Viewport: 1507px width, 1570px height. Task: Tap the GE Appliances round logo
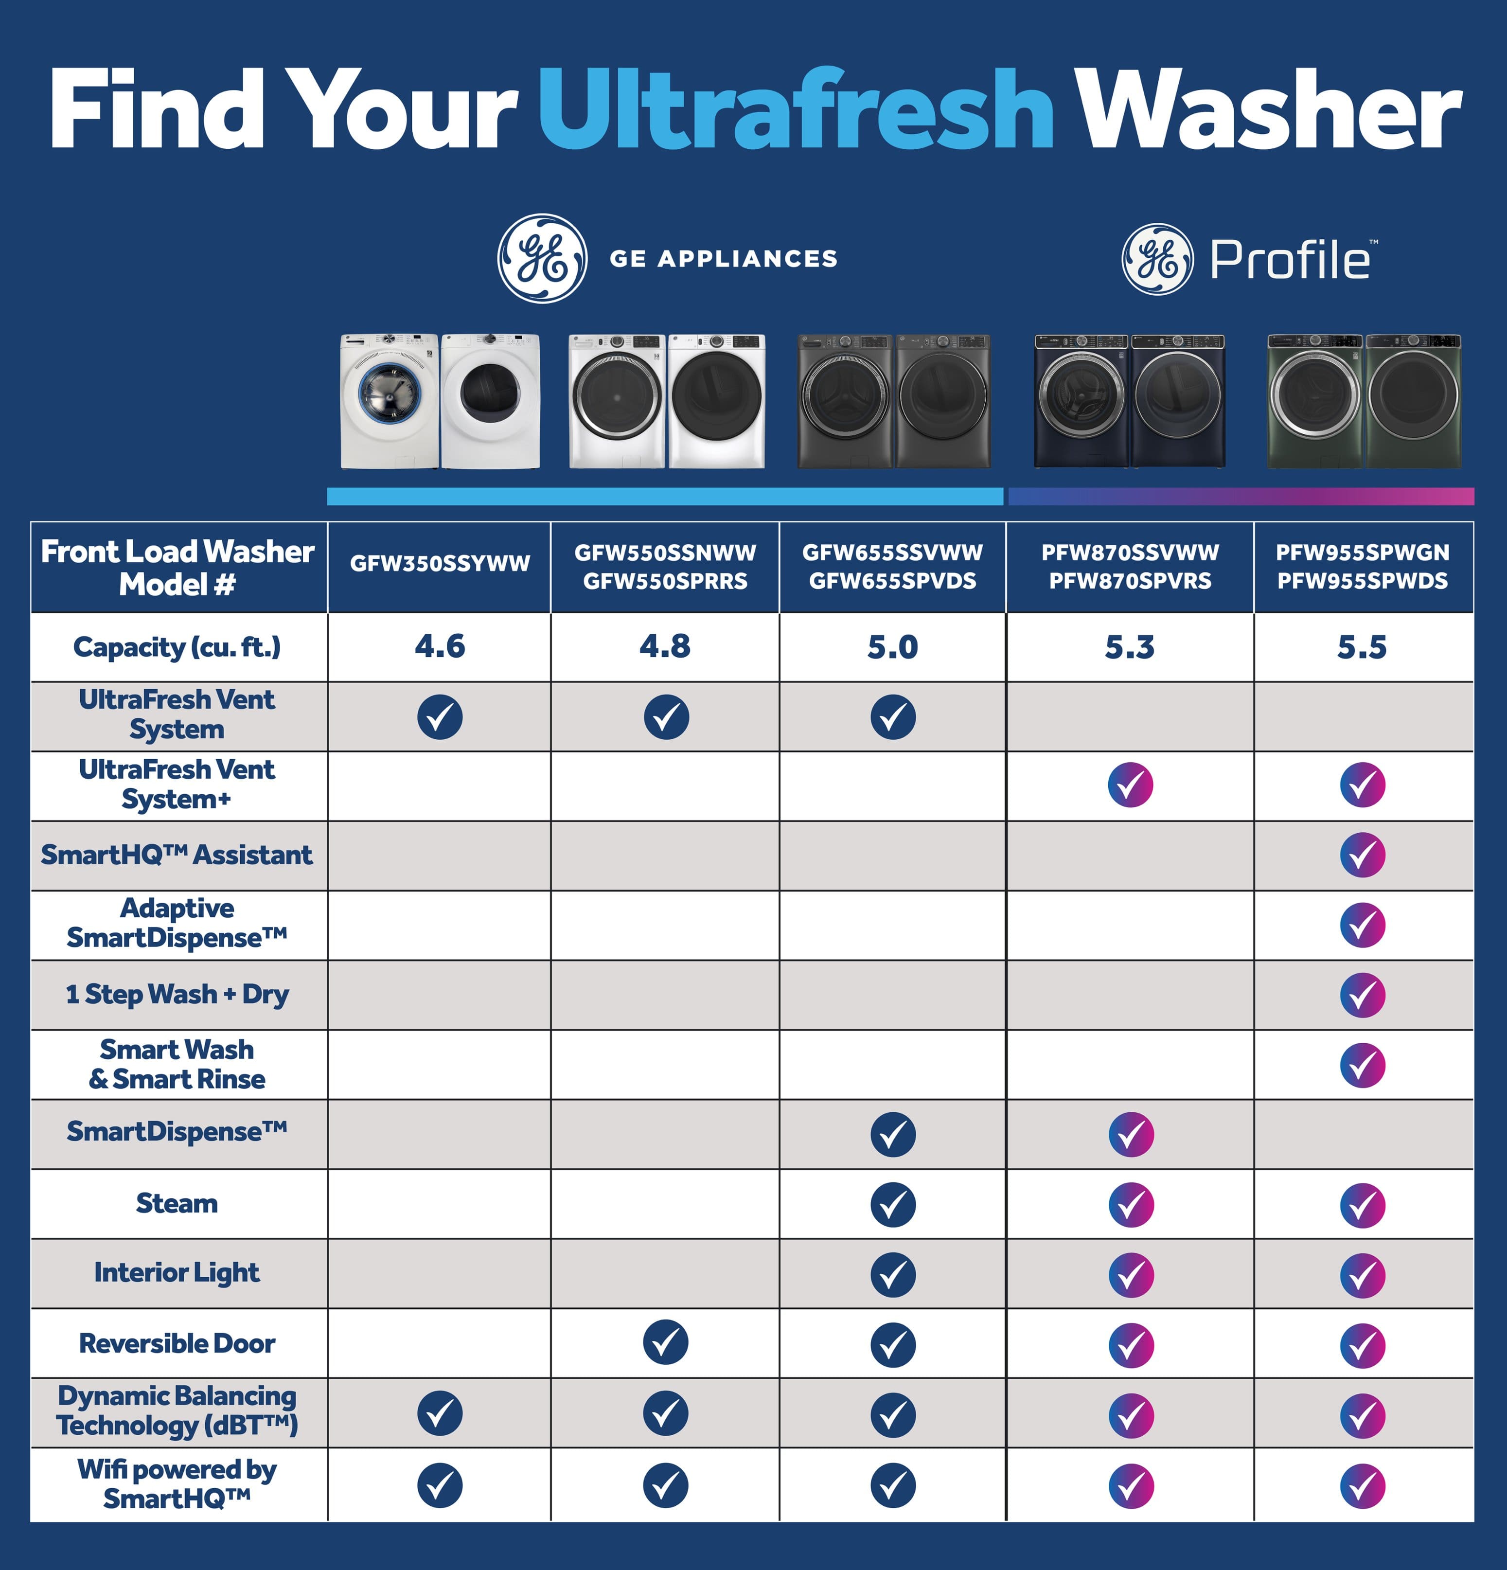[542, 258]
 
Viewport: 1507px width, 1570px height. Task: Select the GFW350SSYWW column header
[440, 564]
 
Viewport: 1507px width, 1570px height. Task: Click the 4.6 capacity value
[440, 646]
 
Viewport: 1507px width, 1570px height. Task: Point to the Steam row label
[177, 1203]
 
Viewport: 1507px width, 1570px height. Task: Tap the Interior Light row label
[177, 1272]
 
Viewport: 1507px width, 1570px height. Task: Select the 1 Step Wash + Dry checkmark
[1362, 995]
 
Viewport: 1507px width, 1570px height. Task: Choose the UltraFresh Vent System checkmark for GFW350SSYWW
[440, 717]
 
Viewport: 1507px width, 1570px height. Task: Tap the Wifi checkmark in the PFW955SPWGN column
[1362, 1486]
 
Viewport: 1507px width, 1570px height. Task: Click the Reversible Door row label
[177, 1343]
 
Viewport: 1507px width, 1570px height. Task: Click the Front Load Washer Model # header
[177, 567]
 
